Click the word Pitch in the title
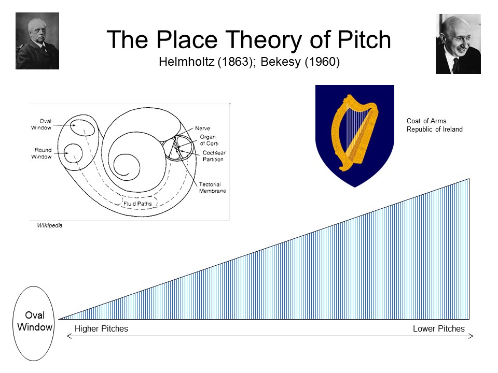click(x=364, y=40)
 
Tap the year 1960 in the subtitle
click(x=322, y=62)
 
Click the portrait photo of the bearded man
click(x=37, y=41)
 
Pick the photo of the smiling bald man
click(x=458, y=44)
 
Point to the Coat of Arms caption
click(x=434, y=125)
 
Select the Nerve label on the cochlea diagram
click(x=202, y=128)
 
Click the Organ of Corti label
click(x=209, y=140)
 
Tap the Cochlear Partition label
click(x=214, y=156)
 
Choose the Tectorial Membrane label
click(x=213, y=188)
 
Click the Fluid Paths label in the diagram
click(x=137, y=204)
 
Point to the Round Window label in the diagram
click(x=41, y=153)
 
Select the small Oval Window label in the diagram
click(x=41, y=124)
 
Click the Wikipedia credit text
click(x=50, y=225)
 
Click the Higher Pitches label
click(x=101, y=328)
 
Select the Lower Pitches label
click(x=439, y=328)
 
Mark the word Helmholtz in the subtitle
click(x=187, y=62)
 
